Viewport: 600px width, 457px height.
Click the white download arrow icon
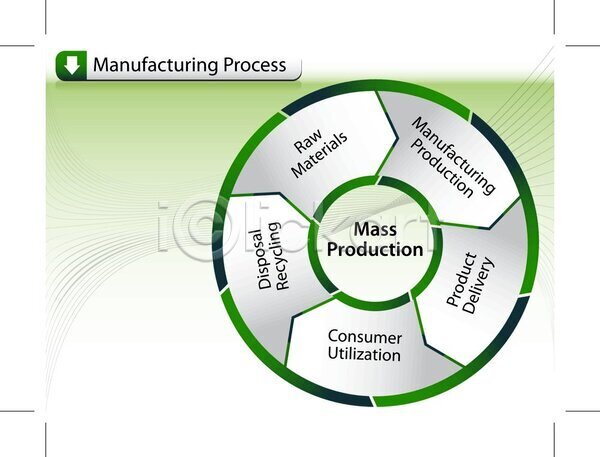click(x=72, y=65)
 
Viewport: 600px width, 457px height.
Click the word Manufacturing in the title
click(x=156, y=65)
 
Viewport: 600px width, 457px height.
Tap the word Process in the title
click(x=254, y=65)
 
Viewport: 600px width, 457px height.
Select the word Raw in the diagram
click(x=308, y=140)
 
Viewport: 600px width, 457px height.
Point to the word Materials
click(x=320, y=155)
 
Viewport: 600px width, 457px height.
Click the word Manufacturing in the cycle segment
click(x=453, y=155)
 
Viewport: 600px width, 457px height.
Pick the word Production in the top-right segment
click(x=443, y=168)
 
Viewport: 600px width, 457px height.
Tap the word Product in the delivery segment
click(x=462, y=279)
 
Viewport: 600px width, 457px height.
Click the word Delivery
click(x=478, y=286)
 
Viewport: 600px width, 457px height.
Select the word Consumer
click(x=365, y=337)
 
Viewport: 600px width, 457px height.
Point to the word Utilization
click(x=364, y=354)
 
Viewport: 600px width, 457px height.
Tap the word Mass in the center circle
click(x=375, y=230)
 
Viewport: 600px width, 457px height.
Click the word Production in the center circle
click(x=375, y=250)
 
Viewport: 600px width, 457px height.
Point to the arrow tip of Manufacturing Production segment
click(x=489, y=229)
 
